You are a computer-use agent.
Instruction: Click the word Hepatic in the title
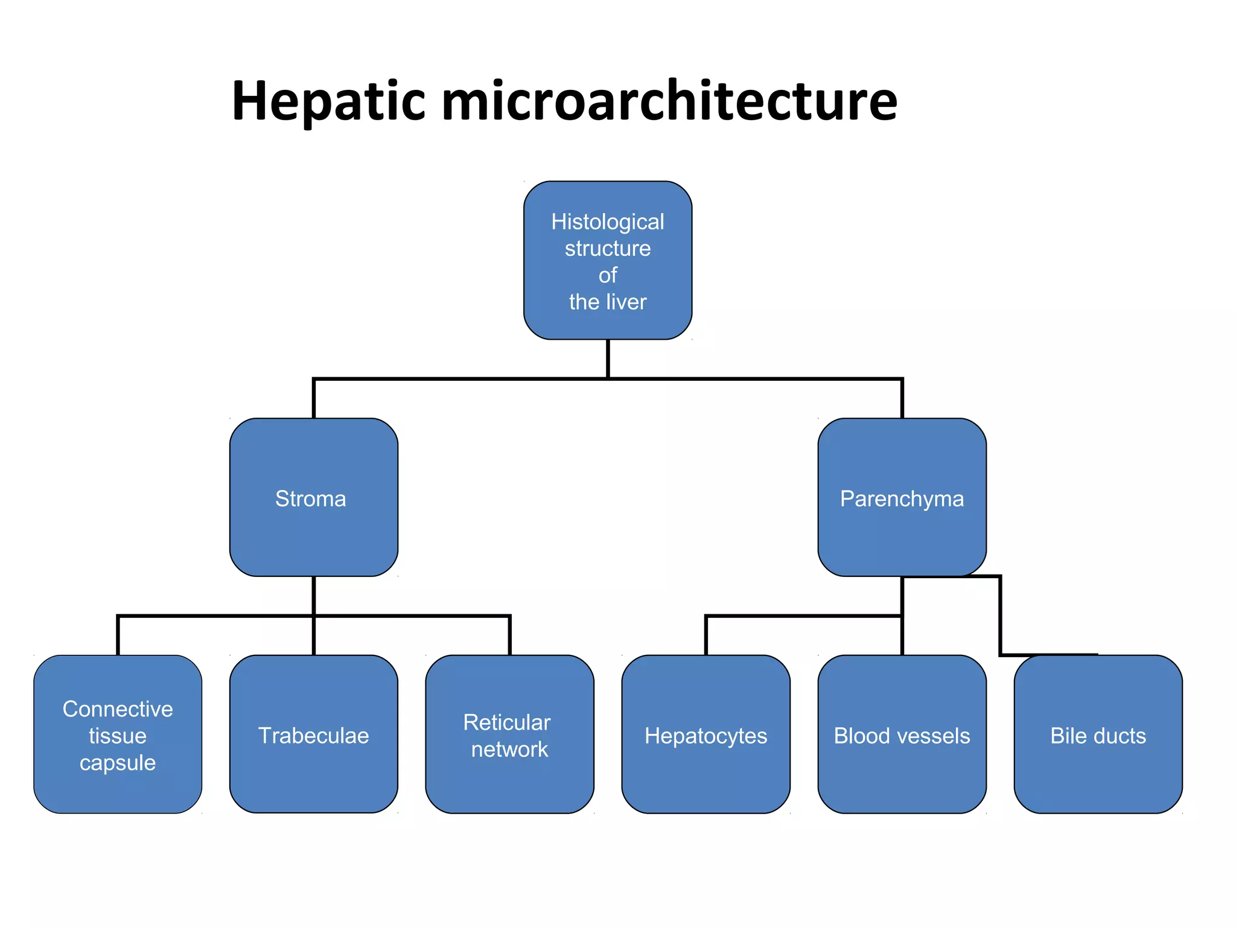(329, 101)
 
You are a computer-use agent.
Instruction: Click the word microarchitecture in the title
(670, 101)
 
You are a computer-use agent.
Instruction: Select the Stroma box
(313, 497)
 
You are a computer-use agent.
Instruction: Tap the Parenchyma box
(902, 497)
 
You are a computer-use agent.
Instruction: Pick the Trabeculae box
(313, 734)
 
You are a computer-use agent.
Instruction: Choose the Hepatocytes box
(706, 734)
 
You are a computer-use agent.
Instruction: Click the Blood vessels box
(902, 734)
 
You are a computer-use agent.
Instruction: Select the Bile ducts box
(1098, 734)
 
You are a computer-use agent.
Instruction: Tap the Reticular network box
(509, 734)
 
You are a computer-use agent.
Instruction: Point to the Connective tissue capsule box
(118, 734)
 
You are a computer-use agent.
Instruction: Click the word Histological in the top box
(607, 222)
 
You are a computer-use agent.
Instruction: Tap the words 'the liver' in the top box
(607, 302)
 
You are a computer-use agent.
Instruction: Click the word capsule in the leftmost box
(118, 763)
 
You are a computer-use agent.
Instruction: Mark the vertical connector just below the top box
(608, 358)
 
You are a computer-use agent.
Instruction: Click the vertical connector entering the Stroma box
(314, 398)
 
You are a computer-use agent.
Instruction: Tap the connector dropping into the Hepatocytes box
(706, 635)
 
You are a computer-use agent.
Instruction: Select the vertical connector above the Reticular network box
(510, 635)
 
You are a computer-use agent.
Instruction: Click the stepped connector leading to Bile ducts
(1000, 616)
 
